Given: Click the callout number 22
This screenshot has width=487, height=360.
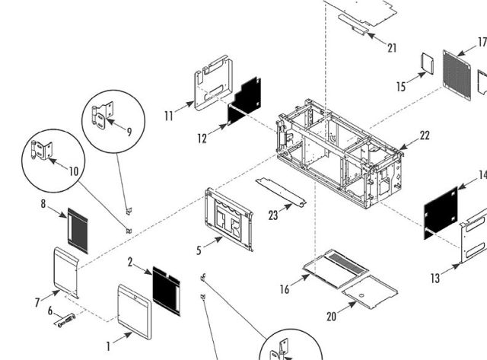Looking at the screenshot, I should (424, 135).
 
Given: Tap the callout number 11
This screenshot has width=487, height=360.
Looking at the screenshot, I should (169, 115).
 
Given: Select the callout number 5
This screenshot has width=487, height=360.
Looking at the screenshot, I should (199, 248).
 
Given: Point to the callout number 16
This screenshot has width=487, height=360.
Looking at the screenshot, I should (285, 289).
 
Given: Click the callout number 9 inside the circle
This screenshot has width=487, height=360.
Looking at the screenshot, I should (129, 131).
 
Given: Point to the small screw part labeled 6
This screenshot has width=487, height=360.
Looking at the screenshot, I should (65, 320).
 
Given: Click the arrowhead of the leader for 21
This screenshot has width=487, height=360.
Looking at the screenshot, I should (368, 33).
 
